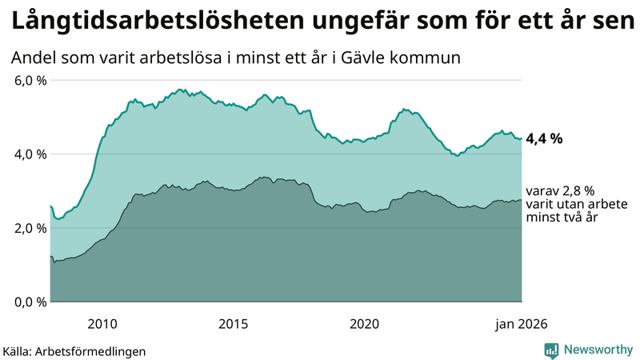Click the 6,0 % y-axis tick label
coord(30,80)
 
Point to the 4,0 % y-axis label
coord(30,154)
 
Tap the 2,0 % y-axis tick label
coord(30,228)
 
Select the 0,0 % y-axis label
coord(30,302)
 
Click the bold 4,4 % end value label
coord(544,138)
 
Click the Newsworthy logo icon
coord(552,350)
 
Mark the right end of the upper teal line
coord(522,138)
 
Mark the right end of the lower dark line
coord(522,200)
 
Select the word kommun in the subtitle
coord(434,58)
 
